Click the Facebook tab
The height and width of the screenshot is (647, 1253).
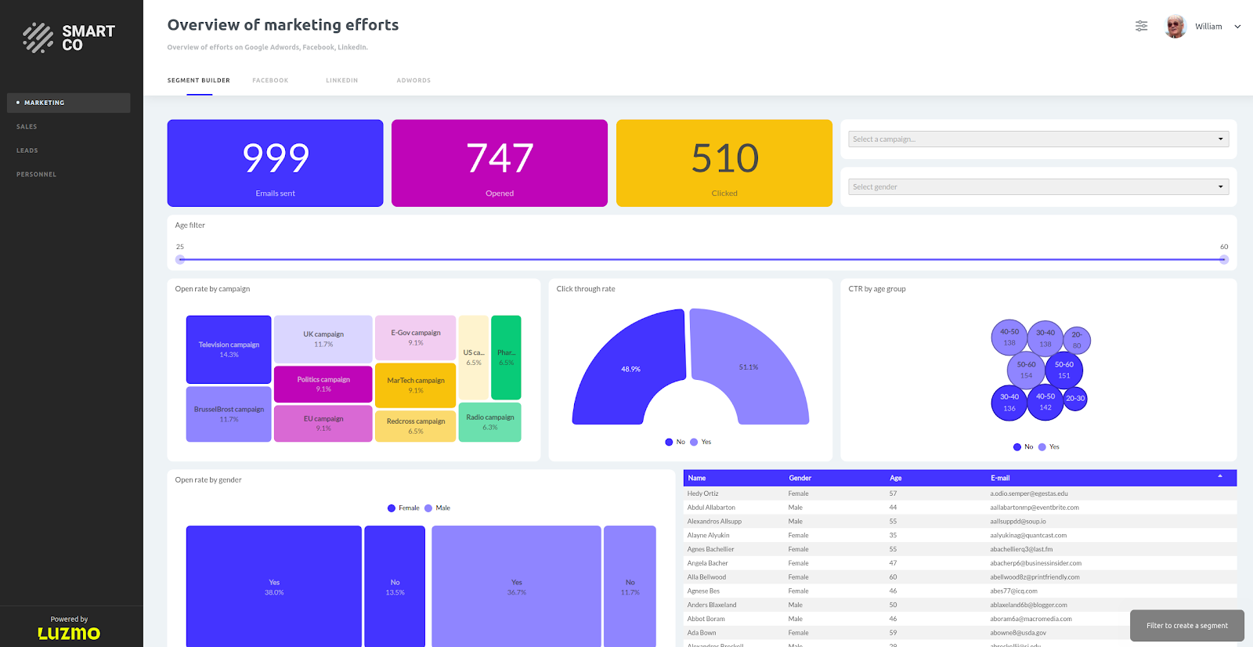coord(270,81)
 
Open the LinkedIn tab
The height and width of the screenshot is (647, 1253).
coord(341,81)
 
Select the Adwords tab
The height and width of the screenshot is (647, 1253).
coord(413,81)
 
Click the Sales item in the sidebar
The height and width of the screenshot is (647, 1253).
coord(27,127)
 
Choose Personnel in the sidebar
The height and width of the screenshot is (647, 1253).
coord(37,175)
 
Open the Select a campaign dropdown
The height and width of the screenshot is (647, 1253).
coord(1038,139)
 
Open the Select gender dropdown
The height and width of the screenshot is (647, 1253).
coord(1038,187)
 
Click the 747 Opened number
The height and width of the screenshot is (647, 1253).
coord(500,159)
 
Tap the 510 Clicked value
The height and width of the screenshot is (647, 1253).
coord(724,159)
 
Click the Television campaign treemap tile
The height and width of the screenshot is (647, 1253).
coord(229,349)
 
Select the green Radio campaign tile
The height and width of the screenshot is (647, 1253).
coord(489,422)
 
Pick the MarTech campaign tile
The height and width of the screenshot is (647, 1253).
coord(415,385)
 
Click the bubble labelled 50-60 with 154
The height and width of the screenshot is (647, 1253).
coord(1026,370)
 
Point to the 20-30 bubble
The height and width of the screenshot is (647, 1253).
coord(1075,399)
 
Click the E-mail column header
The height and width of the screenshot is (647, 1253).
coord(1000,478)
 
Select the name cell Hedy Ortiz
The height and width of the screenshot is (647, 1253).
coord(702,493)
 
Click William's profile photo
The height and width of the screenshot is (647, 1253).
coord(1175,27)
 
